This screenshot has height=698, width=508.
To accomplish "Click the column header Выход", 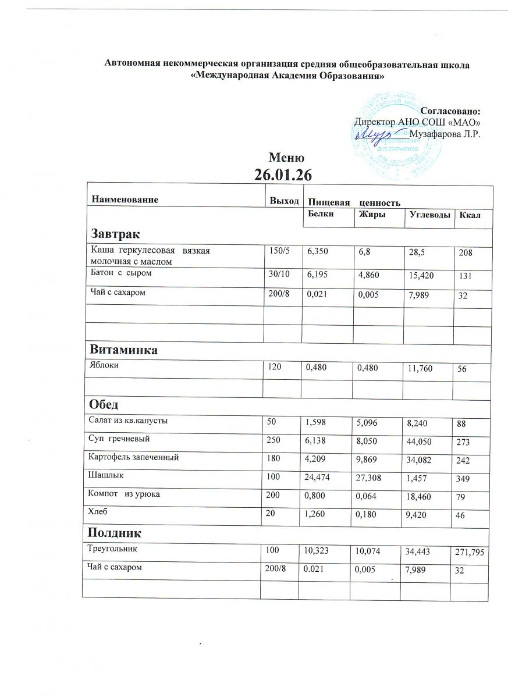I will (x=283, y=201).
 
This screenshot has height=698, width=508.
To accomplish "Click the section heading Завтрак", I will (x=115, y=234).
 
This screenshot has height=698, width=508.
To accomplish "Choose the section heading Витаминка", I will (x=123, y=351).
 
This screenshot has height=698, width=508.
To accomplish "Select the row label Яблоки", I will (x=101, y=367).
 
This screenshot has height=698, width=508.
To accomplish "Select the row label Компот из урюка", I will (x=123, y=494).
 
